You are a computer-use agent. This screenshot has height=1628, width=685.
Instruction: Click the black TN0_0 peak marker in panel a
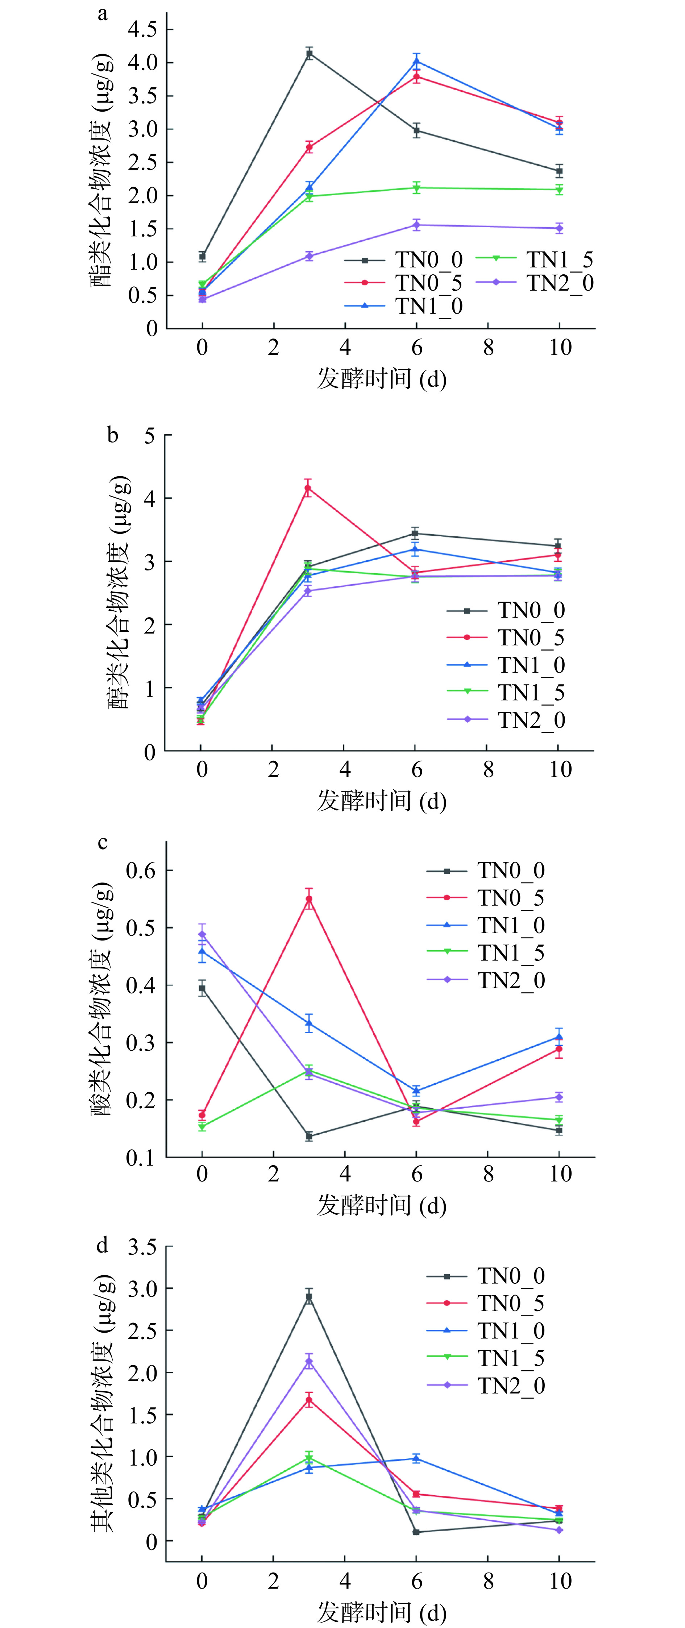309,54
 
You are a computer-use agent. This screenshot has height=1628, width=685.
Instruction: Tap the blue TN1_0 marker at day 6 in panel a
416,61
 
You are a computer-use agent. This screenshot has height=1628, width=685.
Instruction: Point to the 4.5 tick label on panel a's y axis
142,29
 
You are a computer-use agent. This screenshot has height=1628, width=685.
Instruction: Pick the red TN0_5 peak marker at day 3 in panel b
308,488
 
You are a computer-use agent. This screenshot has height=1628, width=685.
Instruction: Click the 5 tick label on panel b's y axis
149,436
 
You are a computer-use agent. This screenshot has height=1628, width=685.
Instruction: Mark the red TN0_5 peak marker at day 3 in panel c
309,899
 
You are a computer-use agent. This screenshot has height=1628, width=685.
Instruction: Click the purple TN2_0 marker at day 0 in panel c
202,934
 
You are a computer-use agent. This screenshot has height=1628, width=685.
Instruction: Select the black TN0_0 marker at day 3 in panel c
309,1136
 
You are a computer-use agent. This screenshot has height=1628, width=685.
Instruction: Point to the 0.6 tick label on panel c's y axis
140,870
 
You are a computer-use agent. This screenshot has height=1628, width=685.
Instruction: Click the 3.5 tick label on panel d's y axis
142,1247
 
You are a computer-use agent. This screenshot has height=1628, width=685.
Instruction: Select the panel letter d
102,1245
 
